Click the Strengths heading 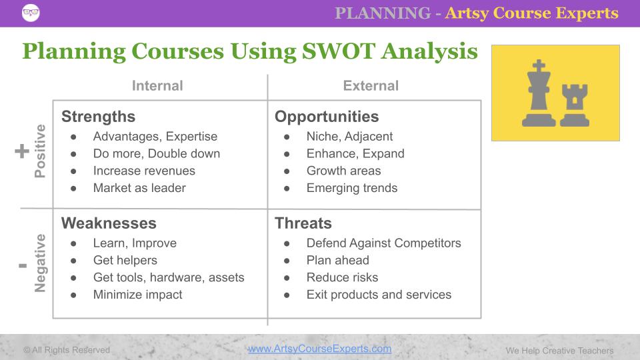pos(98,117)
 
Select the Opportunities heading pos(327,117)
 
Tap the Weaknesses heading pos(109,223)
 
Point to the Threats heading pos(303,223)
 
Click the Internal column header pos(157,86)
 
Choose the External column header pos(371,86)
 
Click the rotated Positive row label pos(41,151)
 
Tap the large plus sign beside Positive pos(22,152)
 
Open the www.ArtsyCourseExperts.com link pos(319,349)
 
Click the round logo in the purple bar pos(30,13)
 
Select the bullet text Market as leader pos(139,188)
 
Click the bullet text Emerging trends pos(351,188)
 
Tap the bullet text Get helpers pos(125,260)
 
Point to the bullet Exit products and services pos(379,295)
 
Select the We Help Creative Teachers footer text pos(559,350)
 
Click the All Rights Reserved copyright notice pos(67,350)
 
